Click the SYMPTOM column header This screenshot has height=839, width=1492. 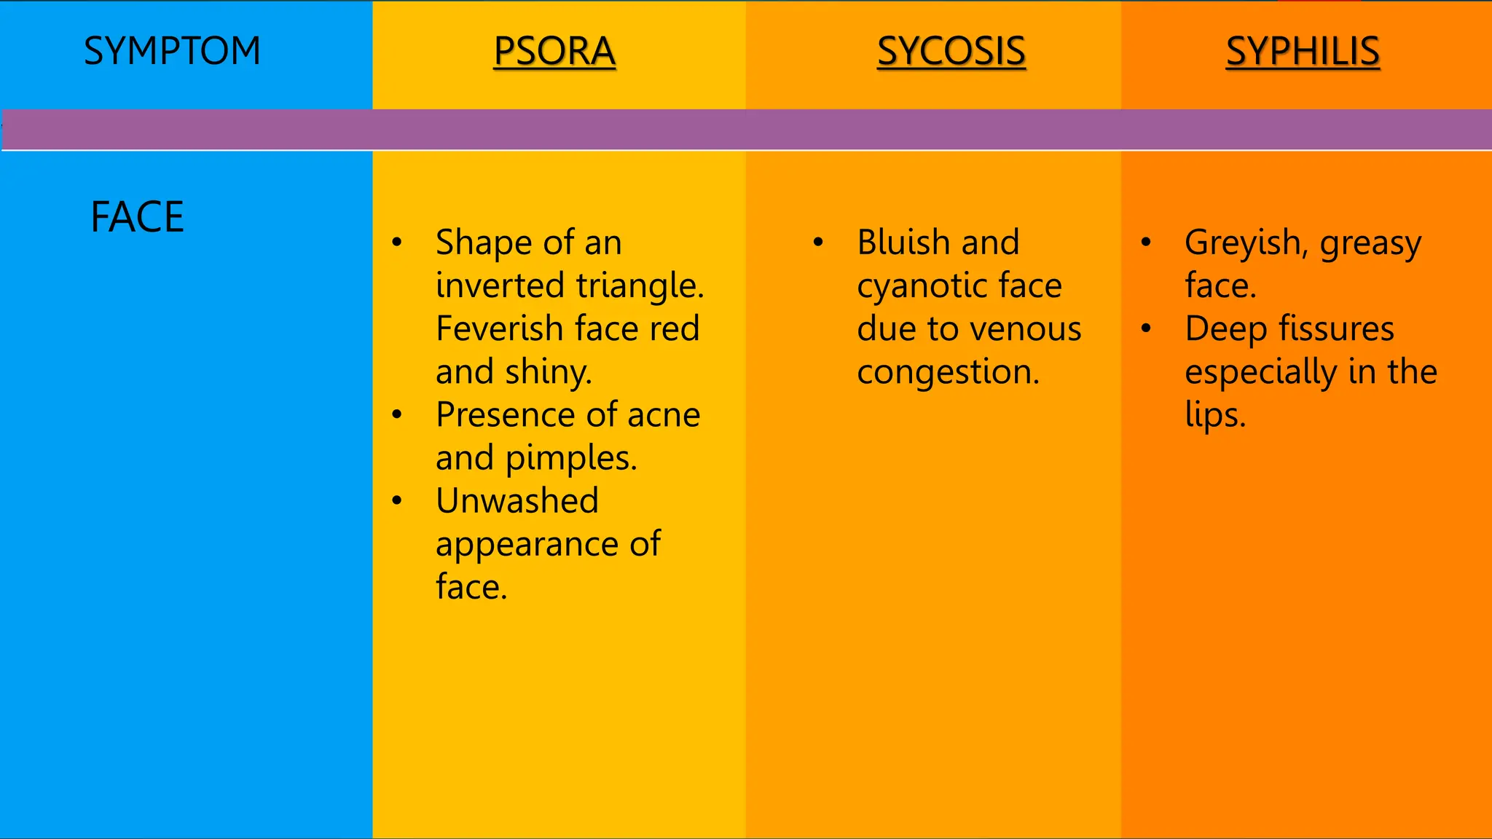click(x=172, y=51)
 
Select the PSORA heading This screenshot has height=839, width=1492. click(x=554, y=51)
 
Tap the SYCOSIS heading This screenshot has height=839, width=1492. click(x=951, y=51)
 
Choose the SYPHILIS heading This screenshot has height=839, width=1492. click(x=1303, y=51)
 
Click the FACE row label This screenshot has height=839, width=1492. click(x=137, y=217)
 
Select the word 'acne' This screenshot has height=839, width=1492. click(x=664, y=414)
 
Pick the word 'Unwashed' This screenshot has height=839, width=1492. click(x=517, y=501)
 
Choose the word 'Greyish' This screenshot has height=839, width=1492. click(x=1242, y=243)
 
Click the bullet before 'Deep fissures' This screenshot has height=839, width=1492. click(x=1146, y=329)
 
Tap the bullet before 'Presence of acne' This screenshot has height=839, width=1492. click(x=397, y=415)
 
